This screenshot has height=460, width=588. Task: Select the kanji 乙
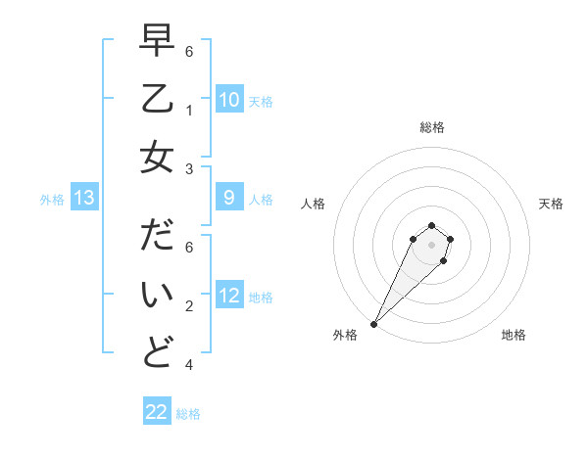[x=157, y=99]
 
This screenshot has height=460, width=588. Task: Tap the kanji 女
[x=157, y=156]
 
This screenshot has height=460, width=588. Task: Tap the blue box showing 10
[x=228, y=100]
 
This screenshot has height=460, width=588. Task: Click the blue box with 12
[x=228, y=297]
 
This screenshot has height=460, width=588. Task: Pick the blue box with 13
[x=83, y=199]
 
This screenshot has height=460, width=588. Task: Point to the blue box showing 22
[x=157, y=412]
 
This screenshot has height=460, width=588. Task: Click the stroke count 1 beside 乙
[x=188, y=110]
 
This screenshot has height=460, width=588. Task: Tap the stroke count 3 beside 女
[x=188, y=170]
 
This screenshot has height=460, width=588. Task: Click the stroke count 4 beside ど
[x=188, y=365]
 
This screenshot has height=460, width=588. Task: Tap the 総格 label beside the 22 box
[x=188, y=414]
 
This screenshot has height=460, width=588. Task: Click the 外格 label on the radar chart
[x=345, y=336]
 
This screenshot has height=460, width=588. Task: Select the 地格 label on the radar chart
[x=514, y=336]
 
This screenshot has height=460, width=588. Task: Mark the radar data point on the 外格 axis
[x=373, y=323]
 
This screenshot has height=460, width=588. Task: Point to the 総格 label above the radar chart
[x=431, y=127]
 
